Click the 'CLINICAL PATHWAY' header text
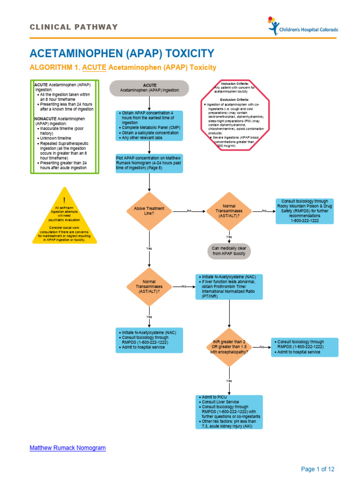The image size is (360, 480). [x=74, y=27]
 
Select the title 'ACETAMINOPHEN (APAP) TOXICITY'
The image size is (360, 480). [x=122, y=53]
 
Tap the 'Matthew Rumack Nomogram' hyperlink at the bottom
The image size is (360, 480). [x=67, y=448]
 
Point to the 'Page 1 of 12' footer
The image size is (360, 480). [x=317, y=469]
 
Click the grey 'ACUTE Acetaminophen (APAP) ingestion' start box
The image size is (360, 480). [x=149, y=88]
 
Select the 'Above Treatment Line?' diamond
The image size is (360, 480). [x=149, y=211]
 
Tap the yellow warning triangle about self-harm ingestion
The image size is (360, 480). [x=65, y=218]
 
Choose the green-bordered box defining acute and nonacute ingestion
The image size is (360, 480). [x=65, y=127]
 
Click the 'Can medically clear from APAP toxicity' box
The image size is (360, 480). [x=229, y=251]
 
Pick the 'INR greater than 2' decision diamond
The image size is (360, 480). [x=229, y=347]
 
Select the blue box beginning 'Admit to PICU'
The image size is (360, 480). [x=229, y=412]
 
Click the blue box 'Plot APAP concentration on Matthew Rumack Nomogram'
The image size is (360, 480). [x=149, y=163]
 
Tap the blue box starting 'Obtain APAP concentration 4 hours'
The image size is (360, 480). [x=149, y=126]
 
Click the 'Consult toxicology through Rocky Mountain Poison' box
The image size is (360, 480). [x=305, y=211]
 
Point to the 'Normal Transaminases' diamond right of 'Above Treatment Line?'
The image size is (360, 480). [x=229, y=211]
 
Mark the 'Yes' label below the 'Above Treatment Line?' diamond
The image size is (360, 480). [x=149, y=248]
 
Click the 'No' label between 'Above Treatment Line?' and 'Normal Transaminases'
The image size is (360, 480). [x=189, y=211]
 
